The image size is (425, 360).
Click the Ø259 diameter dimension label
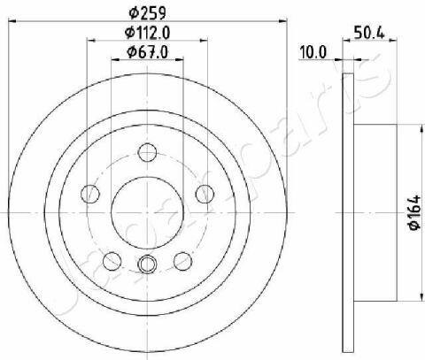148,12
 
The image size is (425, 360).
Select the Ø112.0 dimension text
148,33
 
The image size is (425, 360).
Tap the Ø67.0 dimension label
147,52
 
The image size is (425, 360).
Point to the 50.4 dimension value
369,33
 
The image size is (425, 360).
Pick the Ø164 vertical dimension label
415,212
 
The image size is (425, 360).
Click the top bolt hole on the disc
147,152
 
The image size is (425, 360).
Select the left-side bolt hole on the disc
90,194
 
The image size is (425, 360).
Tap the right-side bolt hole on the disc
205,194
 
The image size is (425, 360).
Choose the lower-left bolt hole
112,261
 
